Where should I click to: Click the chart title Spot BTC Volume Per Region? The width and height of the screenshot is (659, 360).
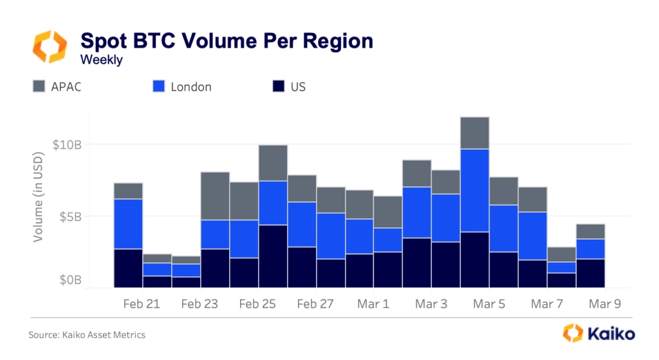(x=227, y=41)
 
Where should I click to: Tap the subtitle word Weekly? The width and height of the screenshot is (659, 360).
(x=101, y=60)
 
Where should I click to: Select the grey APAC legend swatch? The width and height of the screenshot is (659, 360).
(x=39, y=86)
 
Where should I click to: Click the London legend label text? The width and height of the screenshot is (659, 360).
(x=191, y=86)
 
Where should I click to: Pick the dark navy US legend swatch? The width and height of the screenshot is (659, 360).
(x=278, y=86)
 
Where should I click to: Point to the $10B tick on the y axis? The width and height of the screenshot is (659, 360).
(x=67, y=144)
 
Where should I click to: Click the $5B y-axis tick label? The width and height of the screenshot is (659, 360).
(x=70, y=216)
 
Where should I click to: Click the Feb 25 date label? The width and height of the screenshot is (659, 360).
(x=257, y=303)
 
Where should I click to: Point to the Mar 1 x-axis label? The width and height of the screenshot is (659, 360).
(x=373, y=303)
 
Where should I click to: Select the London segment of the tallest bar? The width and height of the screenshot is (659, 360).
(x=474, y=190)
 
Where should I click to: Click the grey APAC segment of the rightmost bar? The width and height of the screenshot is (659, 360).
(x=590, y=231)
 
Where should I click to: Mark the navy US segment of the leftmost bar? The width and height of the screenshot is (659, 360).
(x=128, y=267)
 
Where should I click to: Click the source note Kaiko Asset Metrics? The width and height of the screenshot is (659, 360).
(x=87, y=335)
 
